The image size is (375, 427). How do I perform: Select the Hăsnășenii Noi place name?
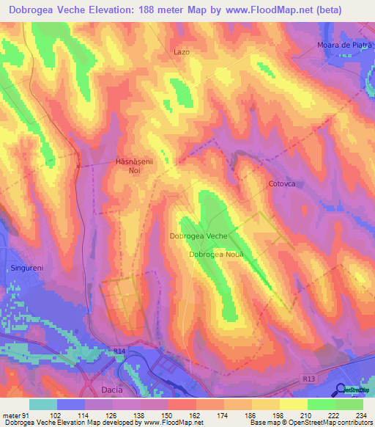134,165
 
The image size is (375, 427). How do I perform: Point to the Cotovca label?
281,184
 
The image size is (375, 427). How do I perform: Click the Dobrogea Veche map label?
198,236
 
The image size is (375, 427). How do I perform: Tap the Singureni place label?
27,269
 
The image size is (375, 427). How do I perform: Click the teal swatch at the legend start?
43,404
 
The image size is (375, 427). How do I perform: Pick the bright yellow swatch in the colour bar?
294,404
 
